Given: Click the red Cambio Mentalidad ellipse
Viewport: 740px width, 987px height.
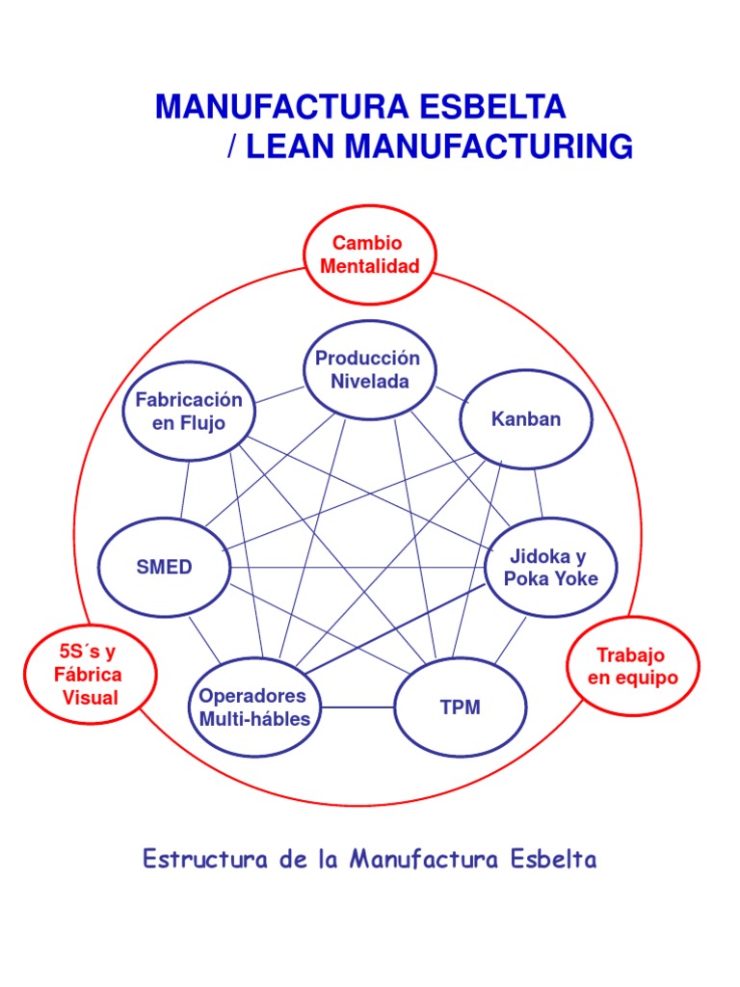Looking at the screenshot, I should (370, 254).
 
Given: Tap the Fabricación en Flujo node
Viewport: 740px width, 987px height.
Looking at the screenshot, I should (189, 412).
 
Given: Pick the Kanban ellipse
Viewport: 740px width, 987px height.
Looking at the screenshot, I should (525, 419).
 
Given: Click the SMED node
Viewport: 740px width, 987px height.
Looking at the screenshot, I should (165, 568).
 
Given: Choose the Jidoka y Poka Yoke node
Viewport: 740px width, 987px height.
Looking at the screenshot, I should (551, 568).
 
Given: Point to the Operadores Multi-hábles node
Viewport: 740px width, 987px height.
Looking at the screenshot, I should (255, 708).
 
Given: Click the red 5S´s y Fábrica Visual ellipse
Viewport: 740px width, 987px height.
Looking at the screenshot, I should (90, 674).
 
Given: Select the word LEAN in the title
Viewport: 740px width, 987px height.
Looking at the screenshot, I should (293, 147).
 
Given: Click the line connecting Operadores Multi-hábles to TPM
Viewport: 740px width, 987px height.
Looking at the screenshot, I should (357, 707).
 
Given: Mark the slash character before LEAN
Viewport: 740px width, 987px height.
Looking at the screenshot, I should (233, 147).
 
